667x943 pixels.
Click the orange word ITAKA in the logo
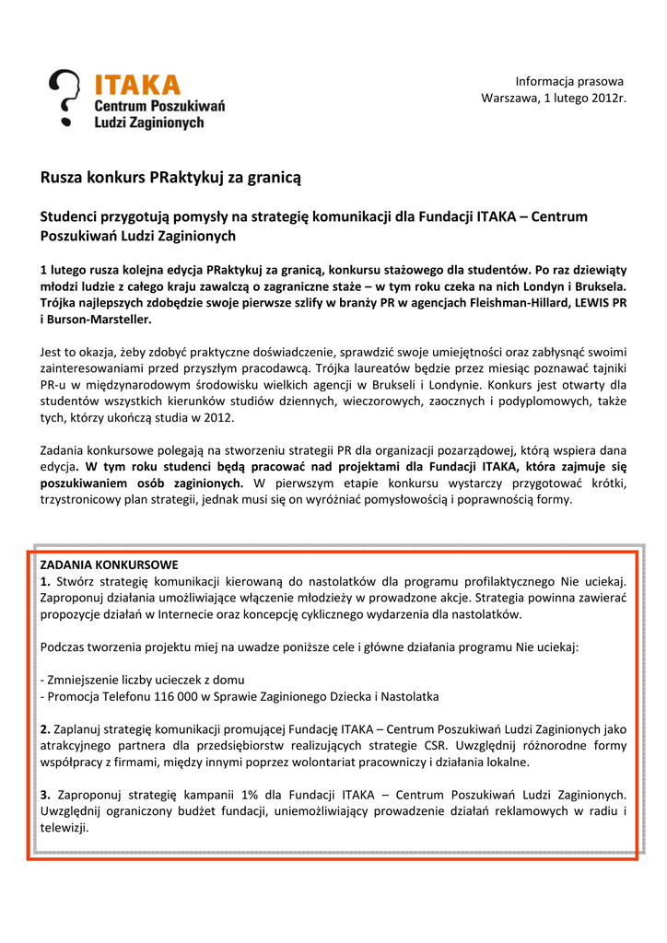(x=137, y=85)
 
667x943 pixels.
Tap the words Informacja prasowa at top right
(x=569, y=81)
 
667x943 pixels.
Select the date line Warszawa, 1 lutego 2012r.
(x=554, y=99)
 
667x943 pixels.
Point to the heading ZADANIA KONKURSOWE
(x=110, y=564)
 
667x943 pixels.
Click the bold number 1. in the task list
(x=46, y=581)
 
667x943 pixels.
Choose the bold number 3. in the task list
(x=46, y=794)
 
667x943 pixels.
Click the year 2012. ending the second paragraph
(x=217, y=418)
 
